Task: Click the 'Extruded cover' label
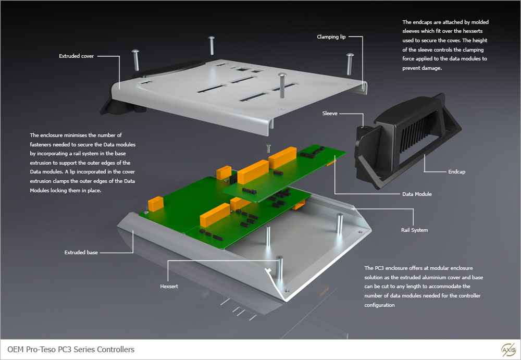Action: pyautogui.click(x=77, y=56)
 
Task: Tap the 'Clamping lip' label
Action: pyautogui.click(x=331, y=37)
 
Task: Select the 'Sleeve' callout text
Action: pyautogui.click(x=330, y=113)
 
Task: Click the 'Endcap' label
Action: pyautogui.click(x=456, y=171)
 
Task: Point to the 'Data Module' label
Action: pyautogui.click(x=417, y=194)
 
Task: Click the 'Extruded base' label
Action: pyautogui.click(x=81, y=253)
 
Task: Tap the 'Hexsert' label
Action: pyautogui.click(x=169, y=286)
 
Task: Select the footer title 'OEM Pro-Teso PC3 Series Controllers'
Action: pyautogui.click(x=71, y=349)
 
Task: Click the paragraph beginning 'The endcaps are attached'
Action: pyautogui.click(x=445, y=45)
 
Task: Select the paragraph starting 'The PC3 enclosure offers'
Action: pyautogui.click(x=423, y=287)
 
